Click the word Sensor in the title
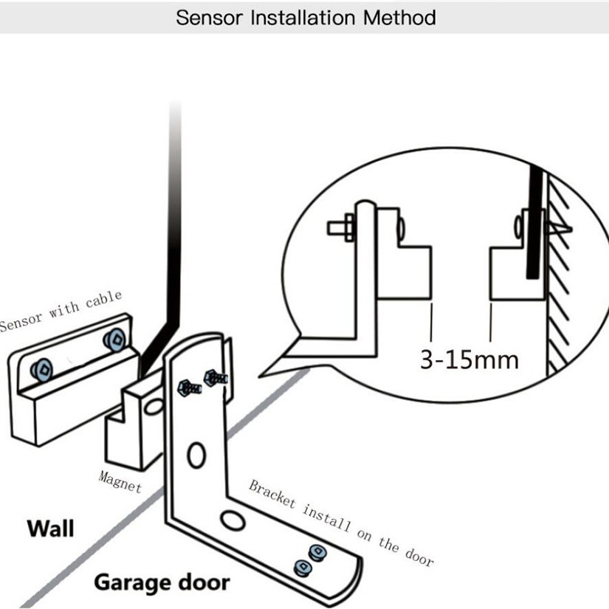pos(209,18)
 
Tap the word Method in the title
pos(399,18)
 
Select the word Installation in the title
pos(303,18)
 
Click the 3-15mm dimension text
pos(469,360)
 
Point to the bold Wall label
pos(50,529)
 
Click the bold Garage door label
pos(162,583)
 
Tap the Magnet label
pos(120,482)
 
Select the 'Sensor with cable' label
pos(61,311)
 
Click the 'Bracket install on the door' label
pos(341,523)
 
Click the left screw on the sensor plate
pos(41,370)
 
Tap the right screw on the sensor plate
pos(114,340)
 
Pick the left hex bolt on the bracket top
pos(189,388)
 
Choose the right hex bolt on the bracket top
pos(215,378)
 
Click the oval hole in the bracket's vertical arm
pos(196,455)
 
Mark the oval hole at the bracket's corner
pos(233,520)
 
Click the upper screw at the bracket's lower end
pos(317,552)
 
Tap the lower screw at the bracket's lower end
pos(303,568)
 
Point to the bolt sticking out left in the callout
pos(340,227)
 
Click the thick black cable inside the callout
pos(534,221)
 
